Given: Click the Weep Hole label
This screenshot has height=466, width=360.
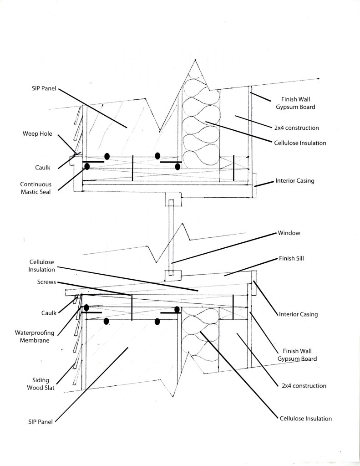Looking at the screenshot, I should pyautogui.click(x=37, y=134).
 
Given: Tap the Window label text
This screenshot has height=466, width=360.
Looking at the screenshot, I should pyautogui.click(x=289, y=233).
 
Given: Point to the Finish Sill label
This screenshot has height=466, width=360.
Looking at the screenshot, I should pyautogui.click(x=291, y=258).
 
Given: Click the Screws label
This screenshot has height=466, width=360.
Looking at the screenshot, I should pyautogui.click(x=47, y=282).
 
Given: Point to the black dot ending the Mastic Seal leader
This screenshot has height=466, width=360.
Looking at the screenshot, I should pyautogui.click(x=86, y=167).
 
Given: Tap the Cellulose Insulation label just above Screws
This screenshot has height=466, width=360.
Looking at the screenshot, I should pyautogui.click(x=42, y=266).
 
